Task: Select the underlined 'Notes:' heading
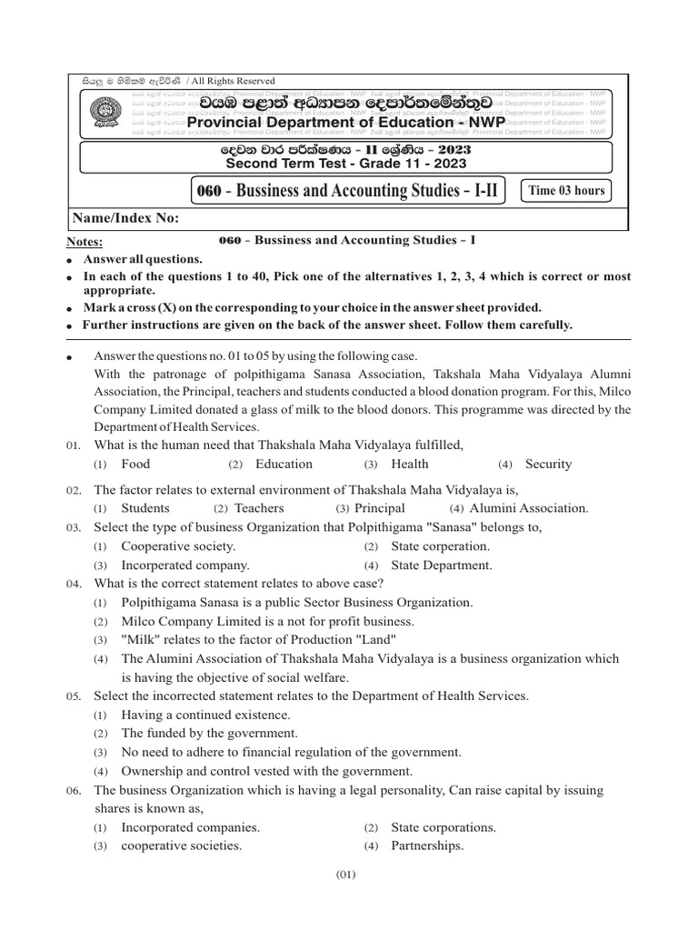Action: [x=85, y=242]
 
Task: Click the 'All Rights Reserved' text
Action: [x=231, y=81]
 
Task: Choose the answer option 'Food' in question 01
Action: [x=135, y=464]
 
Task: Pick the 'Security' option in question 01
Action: [x=548, y=464]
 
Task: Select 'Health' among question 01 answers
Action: [x=409, y=464]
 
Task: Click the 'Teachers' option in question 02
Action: [x=259, y=508]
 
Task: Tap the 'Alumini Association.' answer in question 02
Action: [x=529, y=508]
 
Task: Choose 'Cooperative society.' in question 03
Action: [x=178, y=546]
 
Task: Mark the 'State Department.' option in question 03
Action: [x=441, y=565]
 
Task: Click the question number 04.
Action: [x=74, y=584]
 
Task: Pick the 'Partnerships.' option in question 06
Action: [x=427, y=846]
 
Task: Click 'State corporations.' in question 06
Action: [x=444, y=827]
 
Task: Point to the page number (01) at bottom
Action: [x=345, y=875]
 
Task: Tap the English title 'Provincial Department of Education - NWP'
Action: [x=345, y=122]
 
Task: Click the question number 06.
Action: [x=74, y=791]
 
